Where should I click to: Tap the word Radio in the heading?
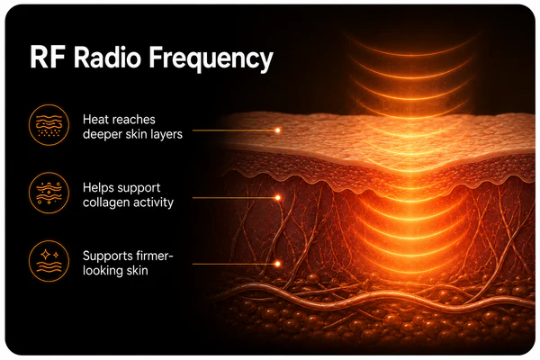click(107, 57)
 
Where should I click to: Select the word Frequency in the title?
click(211, 59)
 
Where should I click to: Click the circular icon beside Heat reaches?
click(49, 125)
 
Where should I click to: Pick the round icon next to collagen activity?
click(49, 193)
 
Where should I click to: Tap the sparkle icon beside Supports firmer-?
click(49, 261)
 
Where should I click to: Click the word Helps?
click(97, 188)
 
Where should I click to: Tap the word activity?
click(153, 202)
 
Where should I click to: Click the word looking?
click(103, 271)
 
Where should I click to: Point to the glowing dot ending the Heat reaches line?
click(277, 130)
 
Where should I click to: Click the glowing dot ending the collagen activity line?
click(277, 198)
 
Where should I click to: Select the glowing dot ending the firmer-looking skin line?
click(277, 264)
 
